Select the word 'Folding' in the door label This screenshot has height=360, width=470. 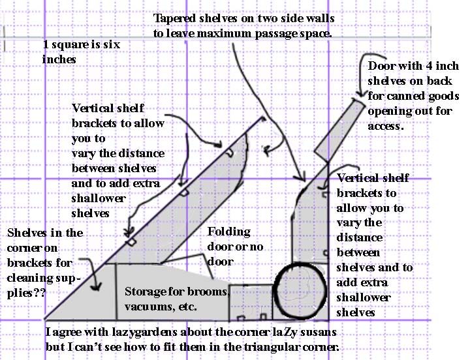coord(229,232)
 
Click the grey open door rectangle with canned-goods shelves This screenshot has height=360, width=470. coord(339,131)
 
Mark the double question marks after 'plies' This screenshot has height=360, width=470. coord(40,293)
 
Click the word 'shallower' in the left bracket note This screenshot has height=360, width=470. coord(99,198)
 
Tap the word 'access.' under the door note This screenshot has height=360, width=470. coord(386,126)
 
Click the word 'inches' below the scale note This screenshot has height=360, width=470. coord(59,59)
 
